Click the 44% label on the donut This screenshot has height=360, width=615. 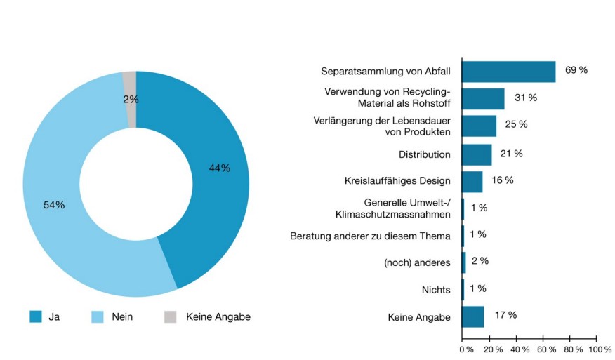pos(219,168)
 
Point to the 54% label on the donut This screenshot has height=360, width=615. pos(54,205)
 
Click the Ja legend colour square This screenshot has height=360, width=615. pos(36,316)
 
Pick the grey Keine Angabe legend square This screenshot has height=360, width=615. pos(171,316)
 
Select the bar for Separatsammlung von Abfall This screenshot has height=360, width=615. pos(508,72)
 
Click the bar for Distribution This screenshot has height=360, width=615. pos(477,154)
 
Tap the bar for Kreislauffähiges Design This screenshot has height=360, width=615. pos(472,182)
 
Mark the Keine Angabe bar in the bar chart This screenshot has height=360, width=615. pos(472,317)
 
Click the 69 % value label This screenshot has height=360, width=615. pos(576,71)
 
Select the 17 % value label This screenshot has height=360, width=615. pos(505,315)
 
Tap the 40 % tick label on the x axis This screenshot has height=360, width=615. pos(519,349)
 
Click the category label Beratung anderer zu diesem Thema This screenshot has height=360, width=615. pos(370,236)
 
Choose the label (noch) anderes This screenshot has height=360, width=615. pos(417,263)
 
